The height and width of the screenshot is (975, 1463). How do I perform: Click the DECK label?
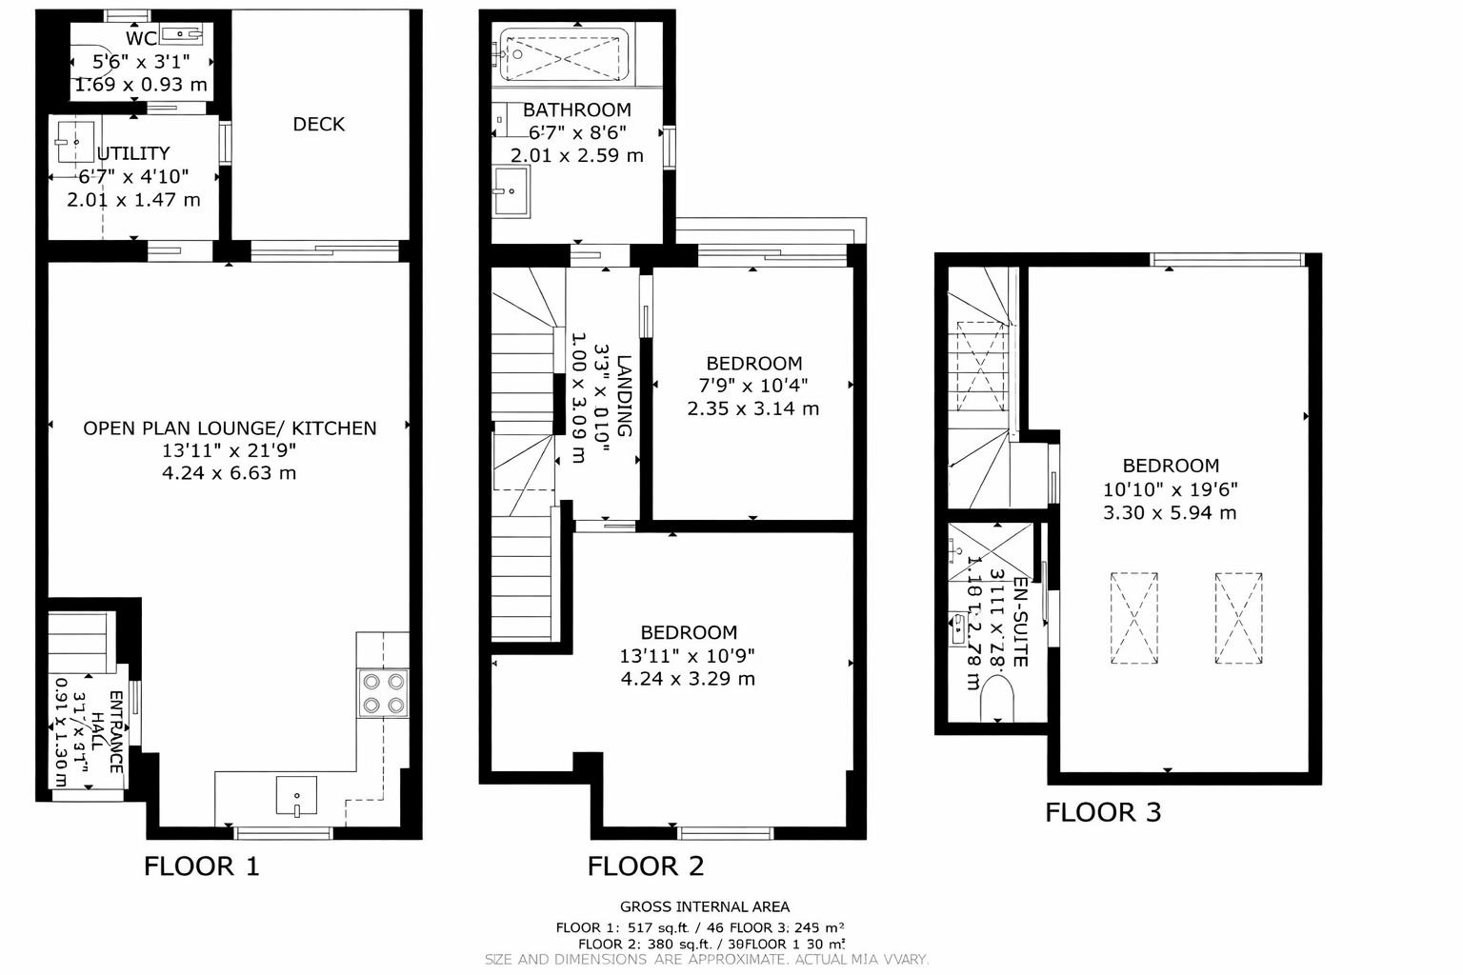click(318, 124)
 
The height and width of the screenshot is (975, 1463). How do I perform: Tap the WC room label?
click(141, 39)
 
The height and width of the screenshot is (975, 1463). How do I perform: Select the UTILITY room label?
click(133, 153)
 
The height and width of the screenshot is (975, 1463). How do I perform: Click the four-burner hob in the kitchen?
click(383, 693)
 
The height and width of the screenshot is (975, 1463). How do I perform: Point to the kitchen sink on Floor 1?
click(296, 796)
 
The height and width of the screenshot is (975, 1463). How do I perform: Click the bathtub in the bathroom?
click(562, 55)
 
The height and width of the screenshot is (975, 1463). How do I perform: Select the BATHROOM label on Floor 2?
click(576, 109)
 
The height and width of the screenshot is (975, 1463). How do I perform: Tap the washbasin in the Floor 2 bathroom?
click(511, 191)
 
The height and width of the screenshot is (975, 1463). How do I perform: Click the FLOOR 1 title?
click(201, 866)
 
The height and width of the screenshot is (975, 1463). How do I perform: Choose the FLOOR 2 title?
click(645, 866)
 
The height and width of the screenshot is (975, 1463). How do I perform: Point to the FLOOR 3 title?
click(1103, 812)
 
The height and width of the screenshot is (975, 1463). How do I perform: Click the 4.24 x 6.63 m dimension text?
click(229, 473)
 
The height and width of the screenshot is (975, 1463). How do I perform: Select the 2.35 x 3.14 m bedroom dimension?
click(752, 408)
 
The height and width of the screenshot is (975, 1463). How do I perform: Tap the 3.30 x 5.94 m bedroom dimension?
click(1170, 513)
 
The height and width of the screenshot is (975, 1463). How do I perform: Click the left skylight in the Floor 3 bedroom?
click(1133, 618)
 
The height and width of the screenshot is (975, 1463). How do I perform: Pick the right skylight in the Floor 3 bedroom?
click(1238, 618)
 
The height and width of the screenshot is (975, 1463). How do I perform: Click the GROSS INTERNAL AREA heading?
click(705, 906)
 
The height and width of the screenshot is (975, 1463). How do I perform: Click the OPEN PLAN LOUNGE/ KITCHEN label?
click(230, 428)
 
